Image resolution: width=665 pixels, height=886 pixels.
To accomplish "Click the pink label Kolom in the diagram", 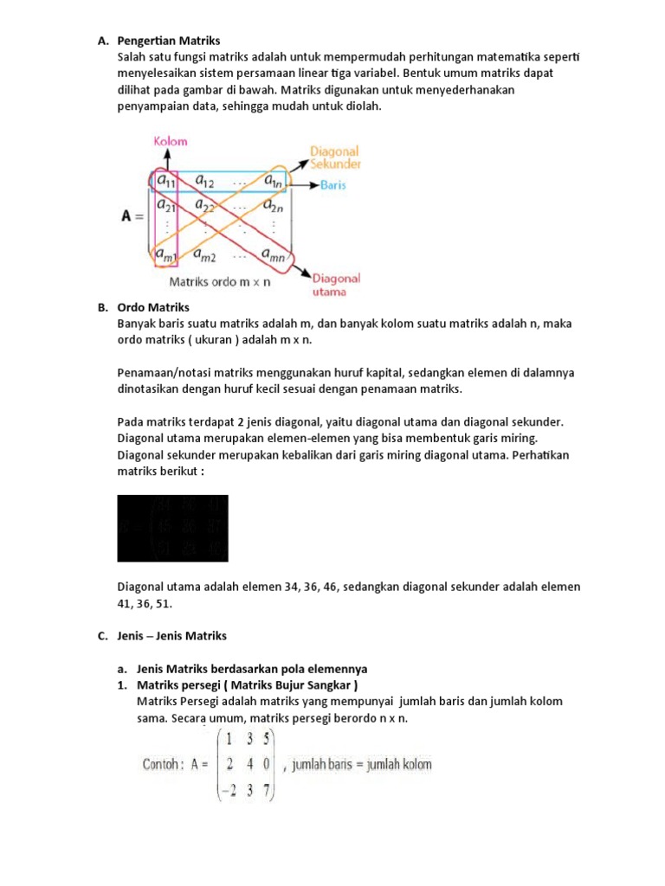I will [171, 141].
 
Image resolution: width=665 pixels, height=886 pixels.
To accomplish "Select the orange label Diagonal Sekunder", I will [336, 156].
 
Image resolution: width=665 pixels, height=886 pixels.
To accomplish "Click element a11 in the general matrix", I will [165, 181].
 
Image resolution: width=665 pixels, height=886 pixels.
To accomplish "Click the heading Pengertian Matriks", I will [169, 40].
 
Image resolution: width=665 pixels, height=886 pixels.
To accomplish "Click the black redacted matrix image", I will [172, 528].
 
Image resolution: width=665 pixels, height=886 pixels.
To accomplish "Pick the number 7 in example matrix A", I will [269, 789].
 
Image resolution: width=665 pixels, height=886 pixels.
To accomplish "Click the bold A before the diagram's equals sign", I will [126, 217].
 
